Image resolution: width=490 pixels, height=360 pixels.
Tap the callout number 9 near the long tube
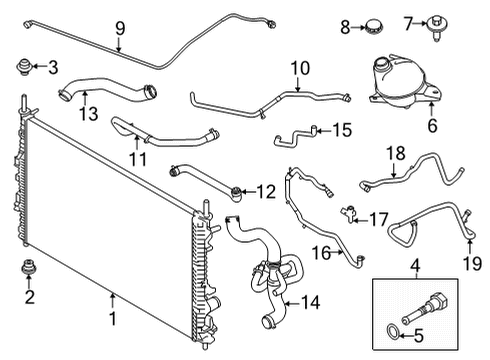tap(120, 28)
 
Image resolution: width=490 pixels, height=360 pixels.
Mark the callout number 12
tap(265, 190)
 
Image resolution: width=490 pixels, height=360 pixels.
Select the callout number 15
tap(343, 130)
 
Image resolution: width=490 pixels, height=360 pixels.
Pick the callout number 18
tap(396, 153)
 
